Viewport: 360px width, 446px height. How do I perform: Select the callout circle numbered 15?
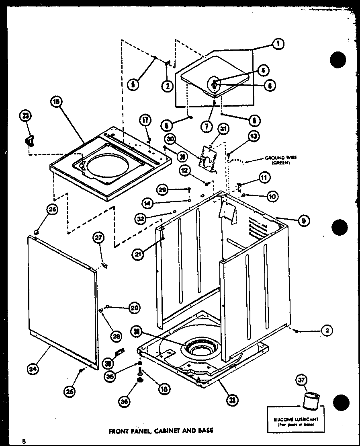(56, 102)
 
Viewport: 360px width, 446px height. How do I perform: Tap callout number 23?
(26, 116)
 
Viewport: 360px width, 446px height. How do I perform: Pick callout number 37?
(302, 380)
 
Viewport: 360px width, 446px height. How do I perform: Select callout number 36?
(124, 400)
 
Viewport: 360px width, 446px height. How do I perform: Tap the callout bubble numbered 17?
(145, 120)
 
